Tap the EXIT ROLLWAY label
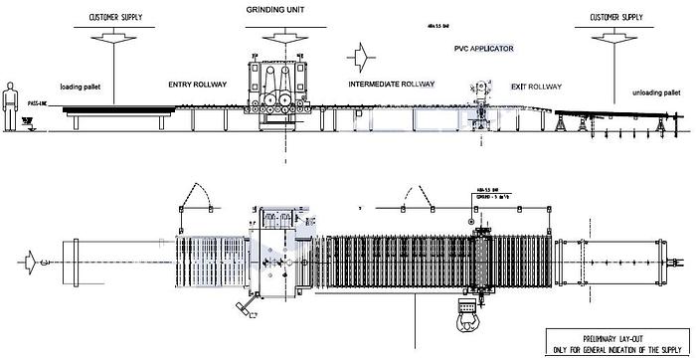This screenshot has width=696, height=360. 531,86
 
